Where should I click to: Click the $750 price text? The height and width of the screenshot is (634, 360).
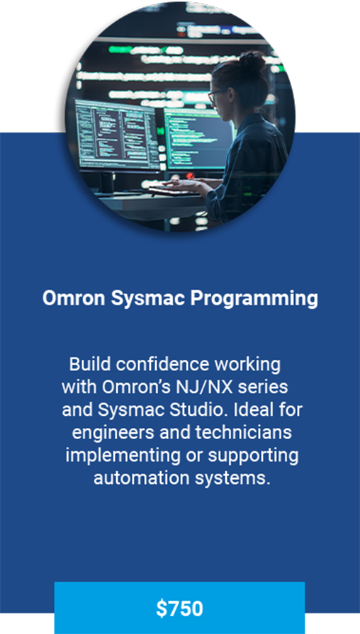pyautogui.click(x=179, y=609)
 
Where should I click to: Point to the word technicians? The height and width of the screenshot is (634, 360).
pyautogui.click(x=242, y=433)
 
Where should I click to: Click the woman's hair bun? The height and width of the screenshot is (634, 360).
pyautogui.click(x=252, y=62)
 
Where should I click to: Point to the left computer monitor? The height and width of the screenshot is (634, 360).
pyautogui.click(x=118, y=135)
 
